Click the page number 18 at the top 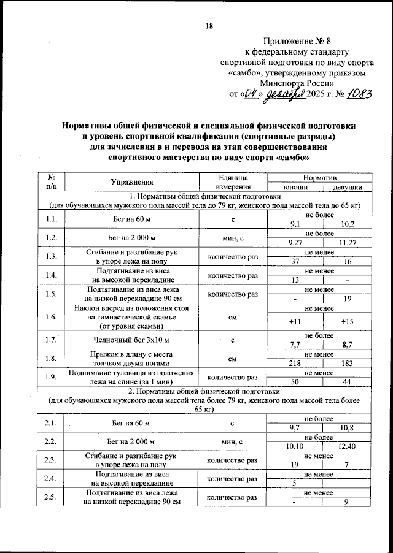pos(209,26)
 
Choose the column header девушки pos(347,186)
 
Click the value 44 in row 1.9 pos(347,381)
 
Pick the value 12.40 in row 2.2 pos(347,446)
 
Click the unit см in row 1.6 pos(233,317)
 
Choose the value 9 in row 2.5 pos(347,503)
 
